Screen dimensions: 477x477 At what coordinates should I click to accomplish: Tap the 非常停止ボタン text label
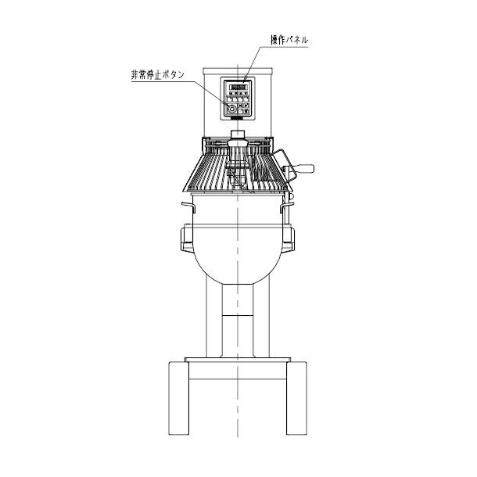[x=158, y=74]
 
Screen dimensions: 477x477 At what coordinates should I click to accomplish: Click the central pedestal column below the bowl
[x=238, y=321]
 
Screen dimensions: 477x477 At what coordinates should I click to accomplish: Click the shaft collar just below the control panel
[x=238, y=134]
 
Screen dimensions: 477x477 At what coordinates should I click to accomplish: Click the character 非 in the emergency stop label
[x=133, y=74]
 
